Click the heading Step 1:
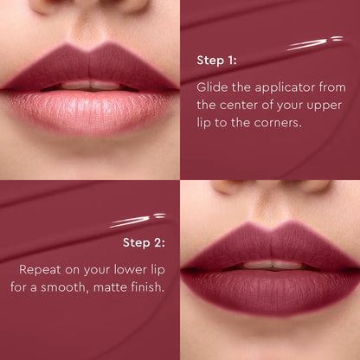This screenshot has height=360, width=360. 217,61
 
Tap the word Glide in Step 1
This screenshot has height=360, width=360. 212,87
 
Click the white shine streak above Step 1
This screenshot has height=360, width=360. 317,42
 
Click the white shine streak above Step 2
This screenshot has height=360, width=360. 136,221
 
